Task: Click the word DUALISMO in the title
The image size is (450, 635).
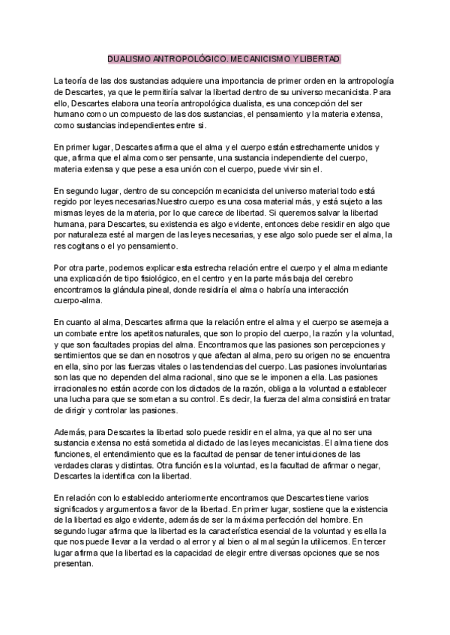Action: [x=127, y=58]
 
